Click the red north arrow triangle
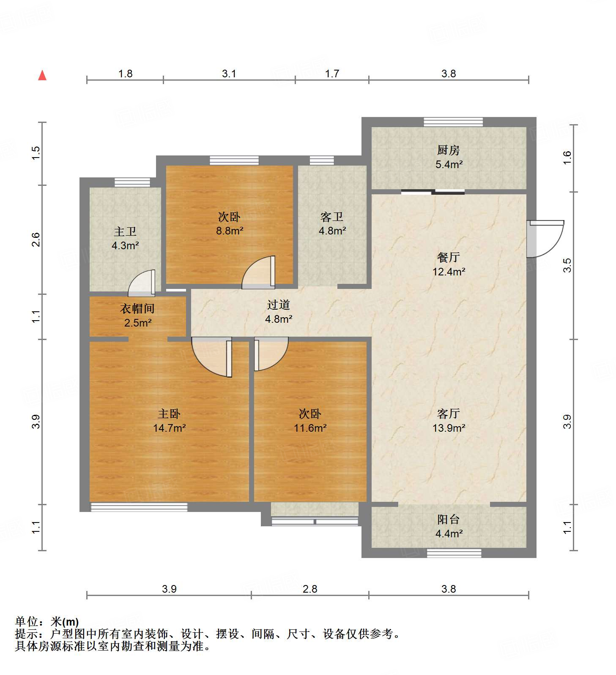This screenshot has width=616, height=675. pos(42,76)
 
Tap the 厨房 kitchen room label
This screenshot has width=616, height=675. pos(448,150)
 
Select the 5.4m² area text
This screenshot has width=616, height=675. pos(449,164)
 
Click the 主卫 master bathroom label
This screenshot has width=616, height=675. pos(125,231)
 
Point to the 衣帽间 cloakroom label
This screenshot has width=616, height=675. pos(137,308)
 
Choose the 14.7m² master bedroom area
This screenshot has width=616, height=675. pos(169,428)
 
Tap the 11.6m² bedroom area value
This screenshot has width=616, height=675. pos(310,428)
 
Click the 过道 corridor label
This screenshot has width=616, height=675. pos(278,305)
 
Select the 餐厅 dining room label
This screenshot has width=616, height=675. pos(448,257)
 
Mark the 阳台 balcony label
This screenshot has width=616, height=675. pos(448,519)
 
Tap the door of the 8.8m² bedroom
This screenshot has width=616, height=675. pos(259,273)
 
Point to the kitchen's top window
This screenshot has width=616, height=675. pos(453,122)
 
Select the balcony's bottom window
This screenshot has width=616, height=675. pos(454,553)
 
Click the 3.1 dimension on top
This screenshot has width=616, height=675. pos(229,74)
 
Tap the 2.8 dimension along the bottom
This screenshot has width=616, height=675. pos(309,589)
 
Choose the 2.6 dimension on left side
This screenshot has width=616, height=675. pos(36,240)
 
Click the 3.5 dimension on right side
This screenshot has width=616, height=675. pos(567,265)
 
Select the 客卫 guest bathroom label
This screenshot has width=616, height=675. pos(332,217)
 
